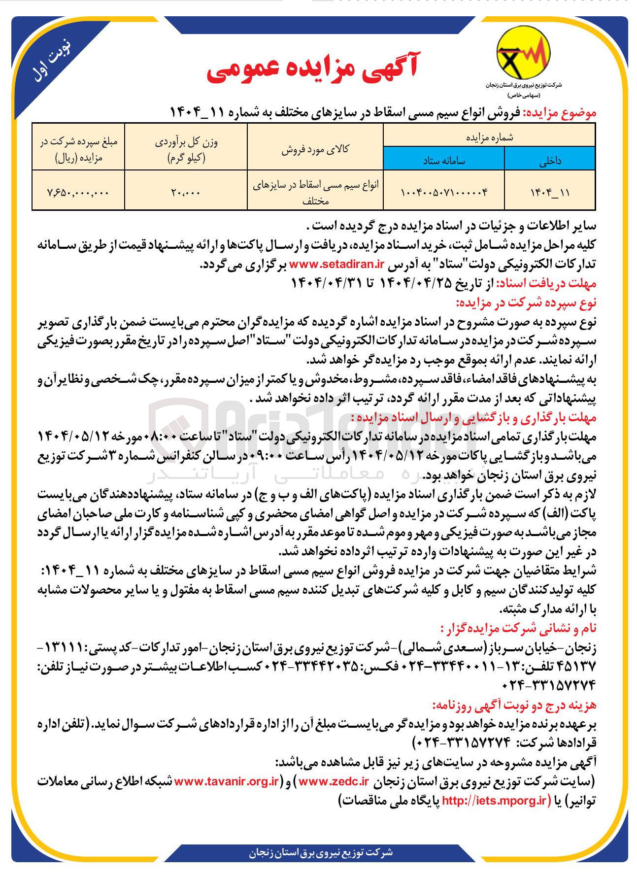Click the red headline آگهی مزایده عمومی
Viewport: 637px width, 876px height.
(x=312, y=69)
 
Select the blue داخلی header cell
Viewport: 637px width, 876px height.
(x=550, y=160)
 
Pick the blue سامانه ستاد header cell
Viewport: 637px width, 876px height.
(x=444, y=160)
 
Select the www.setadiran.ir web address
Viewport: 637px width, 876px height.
(x=336, y=264)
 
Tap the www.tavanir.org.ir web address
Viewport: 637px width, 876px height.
(x=227, y=781)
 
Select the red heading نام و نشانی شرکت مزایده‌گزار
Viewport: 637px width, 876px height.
(x=518, y=628)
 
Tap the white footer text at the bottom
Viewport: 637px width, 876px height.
(x=321, y=852)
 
